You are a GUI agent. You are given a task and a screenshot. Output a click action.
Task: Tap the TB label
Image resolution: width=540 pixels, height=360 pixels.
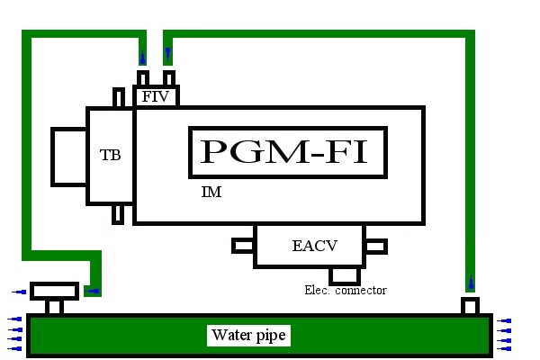point(110,154)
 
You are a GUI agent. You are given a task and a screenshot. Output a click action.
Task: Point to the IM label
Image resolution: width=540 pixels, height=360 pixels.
point(212,193)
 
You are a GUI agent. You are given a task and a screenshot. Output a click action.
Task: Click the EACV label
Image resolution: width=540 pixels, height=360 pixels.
point(310,245)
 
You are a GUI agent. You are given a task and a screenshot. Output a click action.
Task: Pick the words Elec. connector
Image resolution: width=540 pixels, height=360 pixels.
point(346,290)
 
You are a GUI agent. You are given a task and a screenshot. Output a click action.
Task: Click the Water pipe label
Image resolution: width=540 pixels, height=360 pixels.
point(248,336)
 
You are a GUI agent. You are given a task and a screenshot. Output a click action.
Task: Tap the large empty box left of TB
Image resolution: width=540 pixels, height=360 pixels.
point(69,157)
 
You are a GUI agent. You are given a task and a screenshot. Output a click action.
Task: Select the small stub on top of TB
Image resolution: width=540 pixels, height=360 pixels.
point(118,97)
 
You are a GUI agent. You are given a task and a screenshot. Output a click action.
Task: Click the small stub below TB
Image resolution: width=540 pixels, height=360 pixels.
point(118,214)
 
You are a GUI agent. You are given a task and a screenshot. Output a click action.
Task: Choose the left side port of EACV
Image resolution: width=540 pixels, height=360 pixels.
point(243,245)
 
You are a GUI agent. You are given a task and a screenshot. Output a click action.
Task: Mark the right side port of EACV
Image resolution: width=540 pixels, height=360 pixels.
point(376,245)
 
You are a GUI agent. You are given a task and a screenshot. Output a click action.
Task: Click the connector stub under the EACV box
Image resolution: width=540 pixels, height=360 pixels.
point(344,275)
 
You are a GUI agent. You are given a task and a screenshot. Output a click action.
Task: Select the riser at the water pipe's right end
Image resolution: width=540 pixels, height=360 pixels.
point(469,306)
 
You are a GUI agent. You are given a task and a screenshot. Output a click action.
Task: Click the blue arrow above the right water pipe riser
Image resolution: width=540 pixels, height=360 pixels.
point(469,285)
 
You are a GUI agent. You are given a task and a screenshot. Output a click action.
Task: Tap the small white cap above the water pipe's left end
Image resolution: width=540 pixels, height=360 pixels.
point(55,291)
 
